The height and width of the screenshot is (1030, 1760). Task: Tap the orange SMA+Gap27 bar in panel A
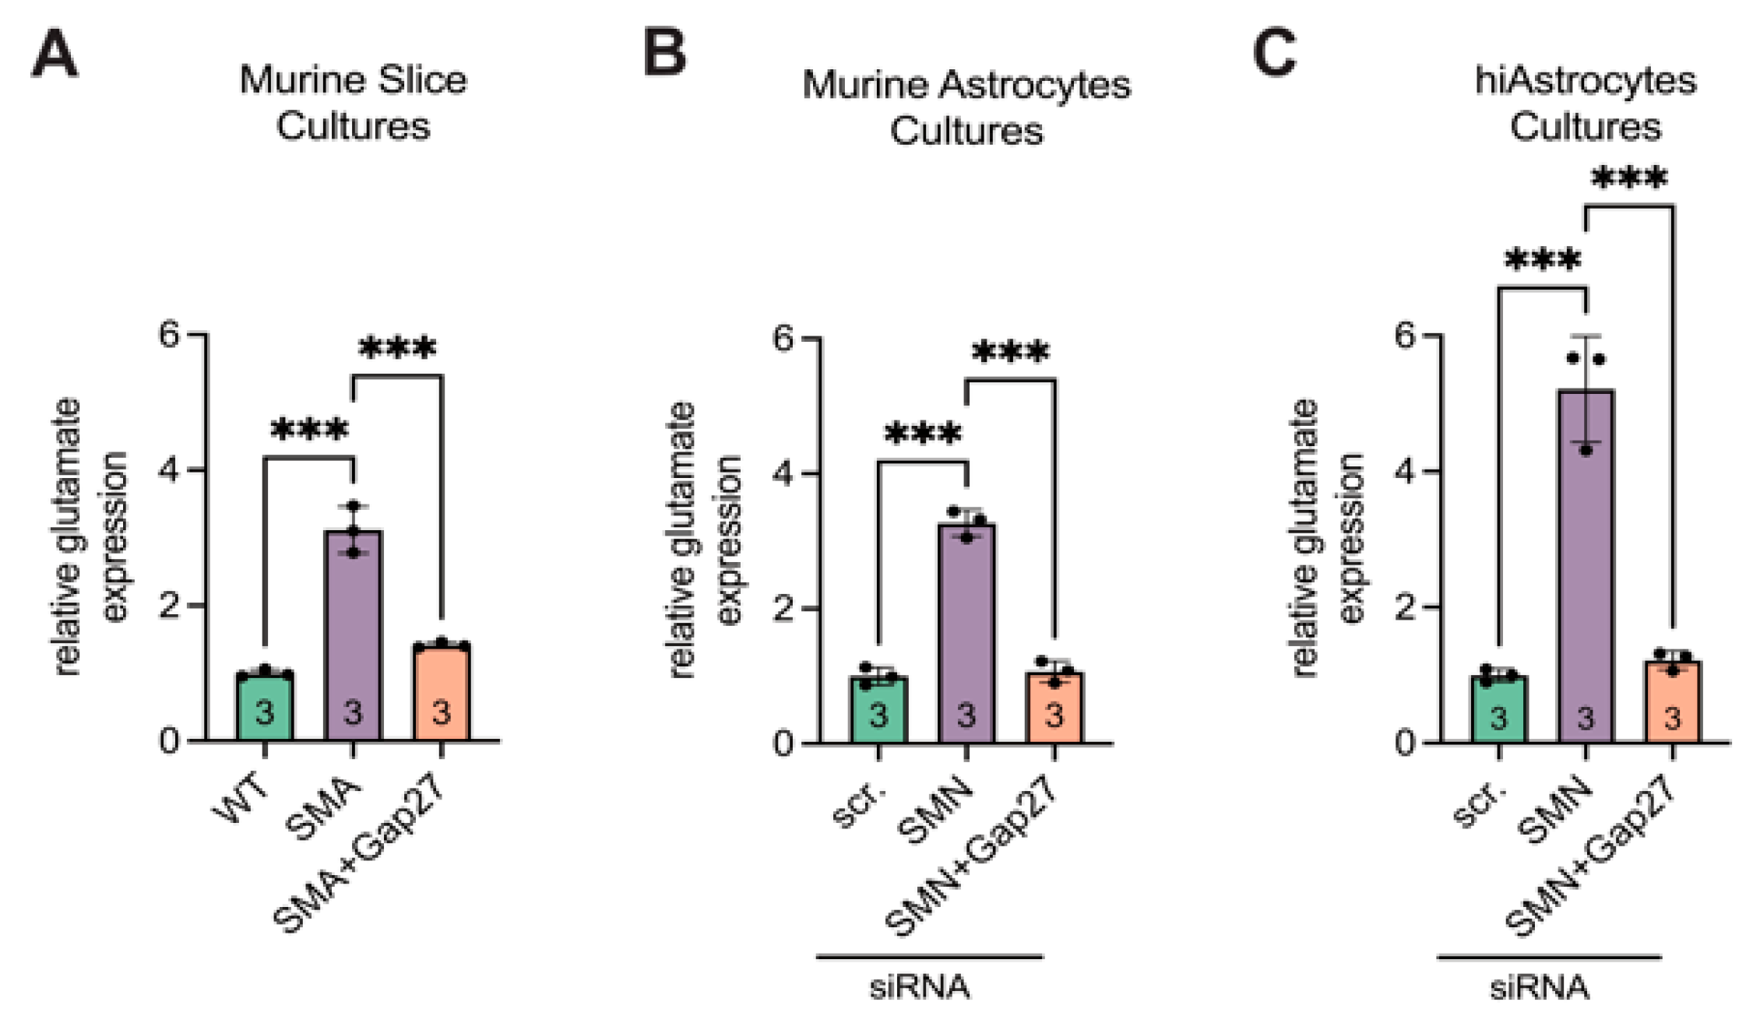(x=441, y=693)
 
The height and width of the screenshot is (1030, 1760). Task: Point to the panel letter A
(x=55, y=54)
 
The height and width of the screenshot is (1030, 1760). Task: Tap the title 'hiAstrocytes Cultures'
(x=1586, y=103)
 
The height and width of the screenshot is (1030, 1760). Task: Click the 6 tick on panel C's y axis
(x=1405, y=336)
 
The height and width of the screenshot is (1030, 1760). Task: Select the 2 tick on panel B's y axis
(x=783, y=608)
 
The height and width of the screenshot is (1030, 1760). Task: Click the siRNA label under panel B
(x=920, y=987)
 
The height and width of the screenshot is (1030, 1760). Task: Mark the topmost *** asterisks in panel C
(x=1629, y=179)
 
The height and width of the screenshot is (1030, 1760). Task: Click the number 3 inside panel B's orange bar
(x=1054, y=715)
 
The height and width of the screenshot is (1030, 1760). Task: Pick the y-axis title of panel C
(x=1328, y=537)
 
